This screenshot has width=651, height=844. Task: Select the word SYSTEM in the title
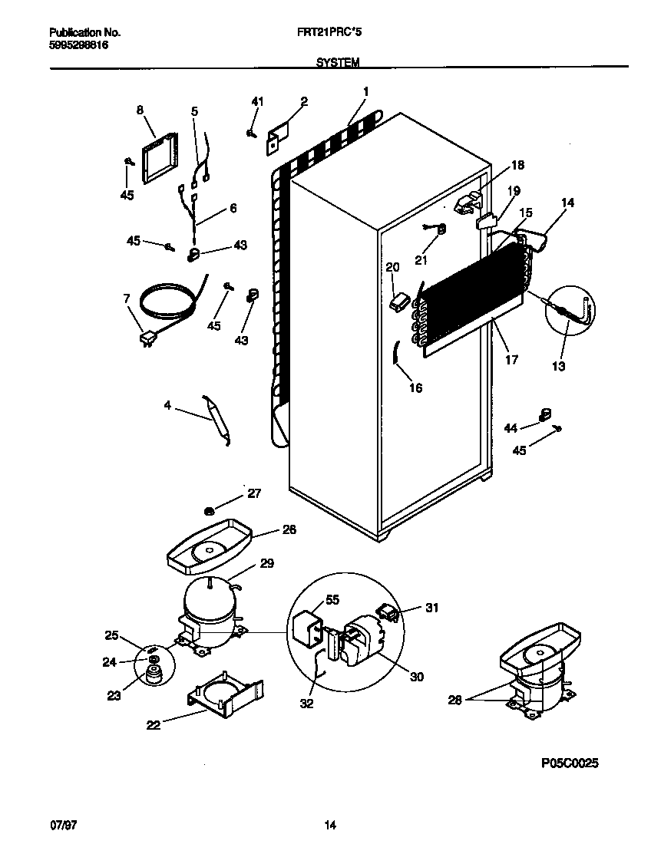(337, 63)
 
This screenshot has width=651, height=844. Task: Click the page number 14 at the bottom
(330, 826)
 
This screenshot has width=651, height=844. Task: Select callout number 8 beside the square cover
(140, 110)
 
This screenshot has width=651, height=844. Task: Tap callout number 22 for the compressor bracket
(154, 724)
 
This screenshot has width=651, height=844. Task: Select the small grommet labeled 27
(209, 510)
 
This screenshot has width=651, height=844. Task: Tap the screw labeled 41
(252, 134)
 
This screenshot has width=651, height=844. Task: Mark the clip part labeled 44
(545, 414)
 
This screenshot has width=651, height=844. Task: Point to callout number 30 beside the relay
(417, 677)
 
